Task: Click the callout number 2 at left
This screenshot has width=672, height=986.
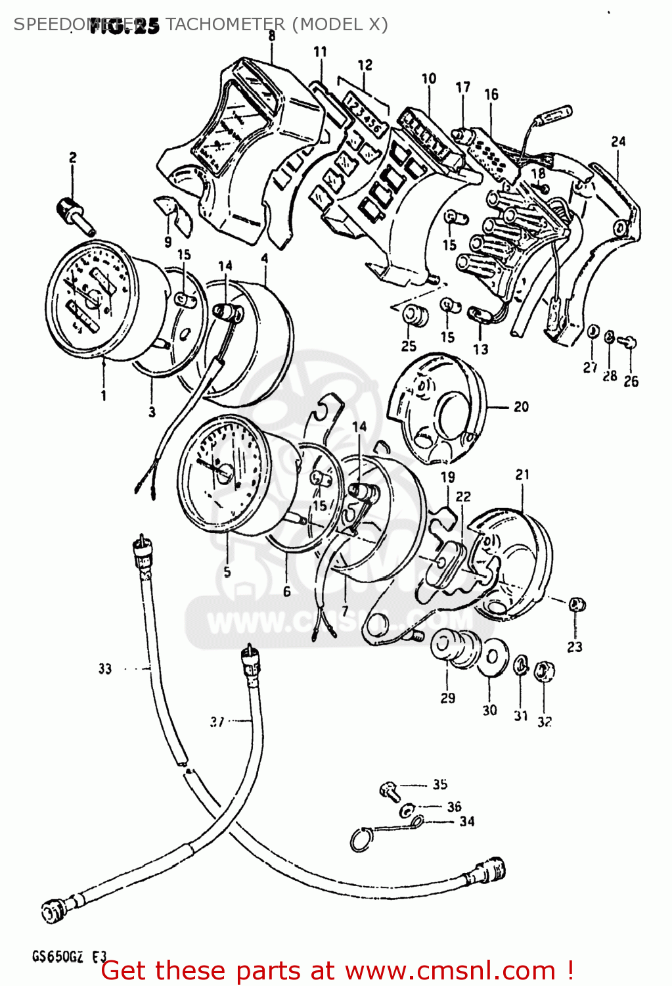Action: (x=72, y=158)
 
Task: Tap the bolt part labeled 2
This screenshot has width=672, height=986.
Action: (x=74, y=214)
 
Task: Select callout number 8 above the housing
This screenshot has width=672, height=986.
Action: (x=271, y=36)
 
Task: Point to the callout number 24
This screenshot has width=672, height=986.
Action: (x=618, y=141)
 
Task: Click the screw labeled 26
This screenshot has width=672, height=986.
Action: (x=629, y=341)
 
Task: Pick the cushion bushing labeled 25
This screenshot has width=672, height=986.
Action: (x=414, y=316)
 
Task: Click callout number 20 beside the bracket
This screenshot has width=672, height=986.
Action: (x=521, y=407)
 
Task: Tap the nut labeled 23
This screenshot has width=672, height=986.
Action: (x=577, y=604)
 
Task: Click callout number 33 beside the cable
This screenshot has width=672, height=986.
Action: (x=105, y=669)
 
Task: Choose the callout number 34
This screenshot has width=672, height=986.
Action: (x=466, y=821)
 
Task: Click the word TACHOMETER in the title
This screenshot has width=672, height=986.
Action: (x=225, y=24)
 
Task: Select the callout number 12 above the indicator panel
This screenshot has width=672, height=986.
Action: (x=365, y=65)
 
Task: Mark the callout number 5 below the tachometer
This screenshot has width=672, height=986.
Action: (x=227, y=572)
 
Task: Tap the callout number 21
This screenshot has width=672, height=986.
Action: (x=522, y=475)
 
